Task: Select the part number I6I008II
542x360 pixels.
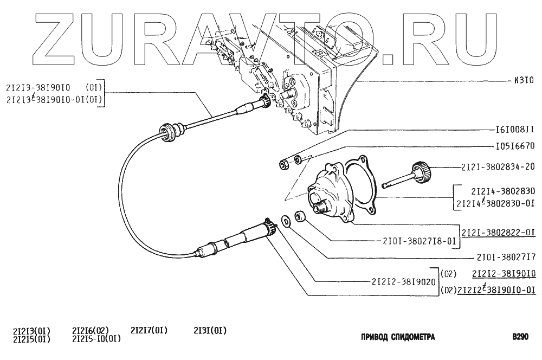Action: point(515,130)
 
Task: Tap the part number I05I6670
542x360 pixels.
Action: point(515,146)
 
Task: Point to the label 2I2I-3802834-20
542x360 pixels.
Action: point(497,167)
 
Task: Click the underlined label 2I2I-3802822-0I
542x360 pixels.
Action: point(498,233)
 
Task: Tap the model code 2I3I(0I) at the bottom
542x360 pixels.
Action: point(210,331)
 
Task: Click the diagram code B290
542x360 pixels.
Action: point(520,337)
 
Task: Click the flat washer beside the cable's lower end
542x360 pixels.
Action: point(285,221)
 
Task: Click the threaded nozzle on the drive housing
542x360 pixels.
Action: point(319,204)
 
